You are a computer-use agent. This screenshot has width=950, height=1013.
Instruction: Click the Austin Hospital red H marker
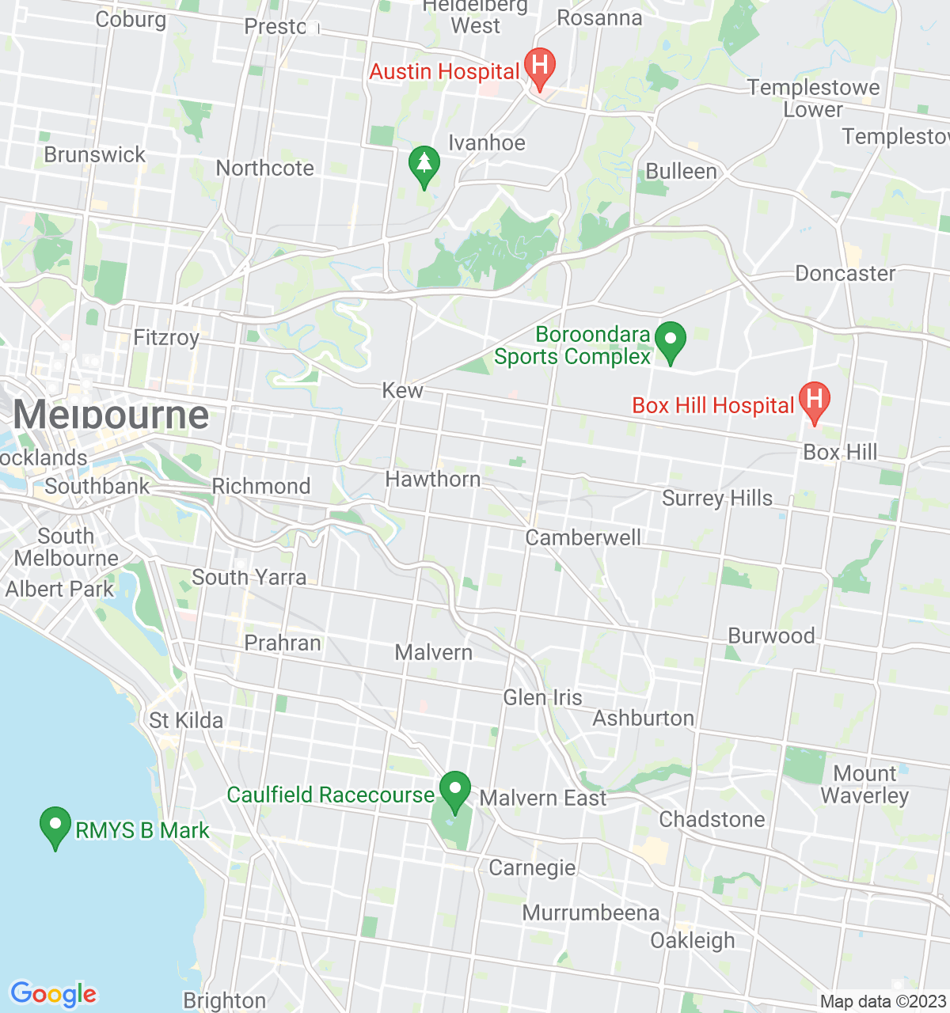[x=540, y=67]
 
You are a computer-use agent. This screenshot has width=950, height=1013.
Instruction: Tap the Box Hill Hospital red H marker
[x=814, y=400]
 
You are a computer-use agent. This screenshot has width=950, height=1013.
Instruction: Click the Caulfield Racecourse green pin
[x=455, y=790]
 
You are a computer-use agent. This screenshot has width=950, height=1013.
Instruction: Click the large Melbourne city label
[x=111, y=415]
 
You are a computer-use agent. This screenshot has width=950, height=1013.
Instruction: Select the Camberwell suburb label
[x=583, y=538]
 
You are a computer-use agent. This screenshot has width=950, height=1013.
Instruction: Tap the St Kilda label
[x=186, y=721]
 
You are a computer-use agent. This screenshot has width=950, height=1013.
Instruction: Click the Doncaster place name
[x=845, y=274]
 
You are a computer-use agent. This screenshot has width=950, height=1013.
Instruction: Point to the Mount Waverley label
[x=864, y=784]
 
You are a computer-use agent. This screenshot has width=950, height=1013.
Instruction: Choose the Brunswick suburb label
[x=95, y=154]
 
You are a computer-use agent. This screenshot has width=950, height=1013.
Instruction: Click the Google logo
[x=53, y=994]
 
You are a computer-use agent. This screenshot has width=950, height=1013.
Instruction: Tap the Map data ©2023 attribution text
[x=883, y=1002]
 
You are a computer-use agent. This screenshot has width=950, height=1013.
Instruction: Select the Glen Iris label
[x=542, y=698]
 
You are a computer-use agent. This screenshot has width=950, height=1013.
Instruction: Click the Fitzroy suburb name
[x=166, y=338]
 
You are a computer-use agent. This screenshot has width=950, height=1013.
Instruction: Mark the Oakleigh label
[x=693, y=941]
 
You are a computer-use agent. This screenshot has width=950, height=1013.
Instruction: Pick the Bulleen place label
[x=681, y=172]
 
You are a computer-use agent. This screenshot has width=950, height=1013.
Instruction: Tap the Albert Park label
[x=59, y=590]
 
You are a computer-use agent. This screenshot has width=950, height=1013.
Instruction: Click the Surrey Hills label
[x=717, y=499]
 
